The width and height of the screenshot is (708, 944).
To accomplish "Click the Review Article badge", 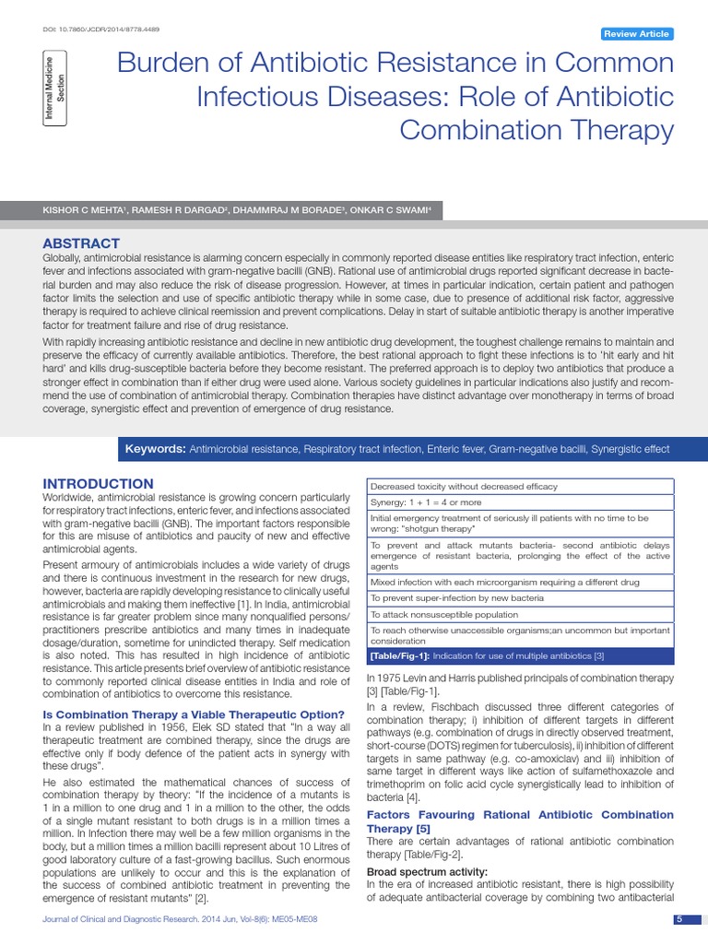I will (636, 34).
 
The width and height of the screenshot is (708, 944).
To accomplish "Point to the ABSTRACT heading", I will (81, 242).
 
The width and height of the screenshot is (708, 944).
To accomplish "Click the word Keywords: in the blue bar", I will (155, 449).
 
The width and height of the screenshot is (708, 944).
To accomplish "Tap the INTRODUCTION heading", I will (99, 484).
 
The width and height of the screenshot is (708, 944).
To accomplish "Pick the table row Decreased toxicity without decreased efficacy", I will (464, 486).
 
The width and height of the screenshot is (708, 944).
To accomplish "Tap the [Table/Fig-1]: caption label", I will (398, 655).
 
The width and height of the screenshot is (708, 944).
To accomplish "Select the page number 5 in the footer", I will (678, 919).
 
